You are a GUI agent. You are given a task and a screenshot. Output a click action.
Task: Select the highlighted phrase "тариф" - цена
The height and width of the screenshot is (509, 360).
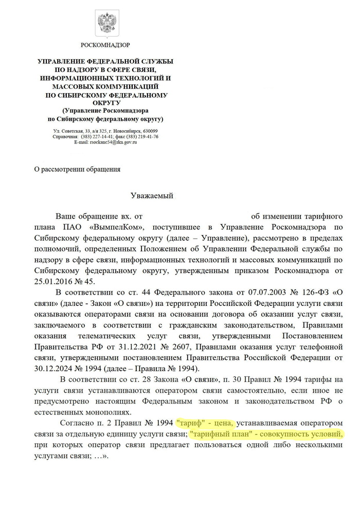[205, 423]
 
